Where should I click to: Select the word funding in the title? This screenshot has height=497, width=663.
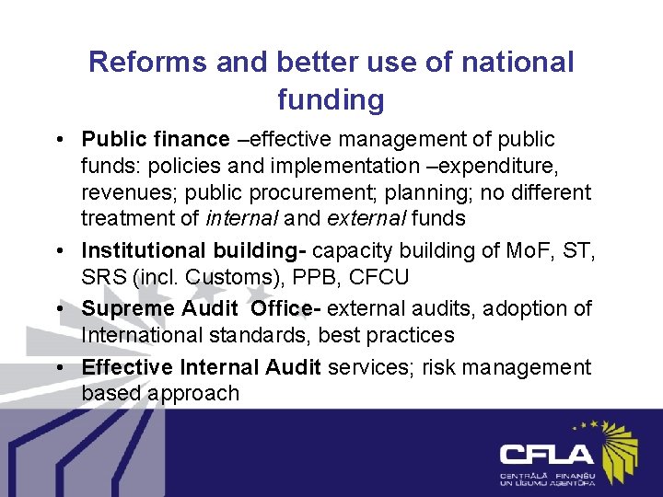[x=331, y=99]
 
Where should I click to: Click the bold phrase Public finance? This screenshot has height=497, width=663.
[x=156, y=140]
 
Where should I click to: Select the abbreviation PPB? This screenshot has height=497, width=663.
[x=319, y=277]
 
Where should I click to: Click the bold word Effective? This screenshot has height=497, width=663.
[x=127, y=367]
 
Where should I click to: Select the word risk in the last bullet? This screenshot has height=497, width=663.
[x=441, y=367]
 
